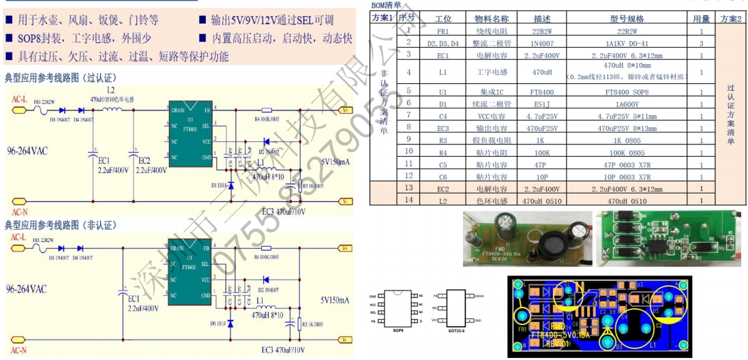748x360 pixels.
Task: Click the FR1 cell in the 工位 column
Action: tap(443, 31)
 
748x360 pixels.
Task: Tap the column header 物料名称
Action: tap(492, 18)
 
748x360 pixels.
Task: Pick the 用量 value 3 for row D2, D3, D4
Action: tap(701, 42)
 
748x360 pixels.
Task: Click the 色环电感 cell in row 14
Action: tap(492, 200)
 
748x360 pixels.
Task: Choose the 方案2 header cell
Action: tap(731, 18)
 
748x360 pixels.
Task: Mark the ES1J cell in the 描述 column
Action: tap(542, 103)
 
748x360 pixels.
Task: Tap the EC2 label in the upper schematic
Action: tap(144, 161)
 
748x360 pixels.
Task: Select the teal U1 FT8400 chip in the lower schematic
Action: tap(190, 271)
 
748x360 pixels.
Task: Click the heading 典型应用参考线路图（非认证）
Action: tap(61, 224)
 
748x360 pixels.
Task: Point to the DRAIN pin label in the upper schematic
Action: tap(178, 109)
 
